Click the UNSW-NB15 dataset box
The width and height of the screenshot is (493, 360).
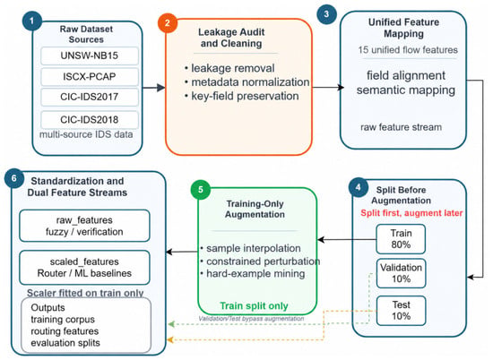pos(90,56)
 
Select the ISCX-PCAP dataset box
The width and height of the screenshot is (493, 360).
pos(90,77)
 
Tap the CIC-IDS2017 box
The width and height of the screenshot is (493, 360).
pos(90,97)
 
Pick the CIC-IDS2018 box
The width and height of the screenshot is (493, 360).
pos(90,119)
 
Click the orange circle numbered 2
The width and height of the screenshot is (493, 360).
pos(168,22)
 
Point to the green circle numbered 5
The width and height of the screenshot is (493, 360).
pos(201,190)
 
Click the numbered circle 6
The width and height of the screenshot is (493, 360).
pos(14,178)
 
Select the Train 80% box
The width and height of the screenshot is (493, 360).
pos(401,239)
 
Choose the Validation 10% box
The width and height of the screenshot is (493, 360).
pos(401,273)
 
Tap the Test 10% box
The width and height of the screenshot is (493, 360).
pos(401,311)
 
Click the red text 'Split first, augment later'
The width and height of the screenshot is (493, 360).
pos(411,213)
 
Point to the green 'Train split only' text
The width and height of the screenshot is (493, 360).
pos(254,305)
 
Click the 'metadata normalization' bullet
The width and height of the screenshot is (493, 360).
pos(247,82)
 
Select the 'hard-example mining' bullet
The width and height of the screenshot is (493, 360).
pos(253,274)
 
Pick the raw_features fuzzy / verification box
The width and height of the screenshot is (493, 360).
pos(84,226)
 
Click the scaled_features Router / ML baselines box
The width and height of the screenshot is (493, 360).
pos(84,268)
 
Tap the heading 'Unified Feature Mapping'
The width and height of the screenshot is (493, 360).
pos(403,28)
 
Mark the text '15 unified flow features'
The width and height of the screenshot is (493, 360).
pos(408,50)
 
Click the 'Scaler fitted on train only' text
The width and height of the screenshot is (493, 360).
pos(85,293)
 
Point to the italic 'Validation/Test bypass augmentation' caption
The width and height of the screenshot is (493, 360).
pos(251,319)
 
